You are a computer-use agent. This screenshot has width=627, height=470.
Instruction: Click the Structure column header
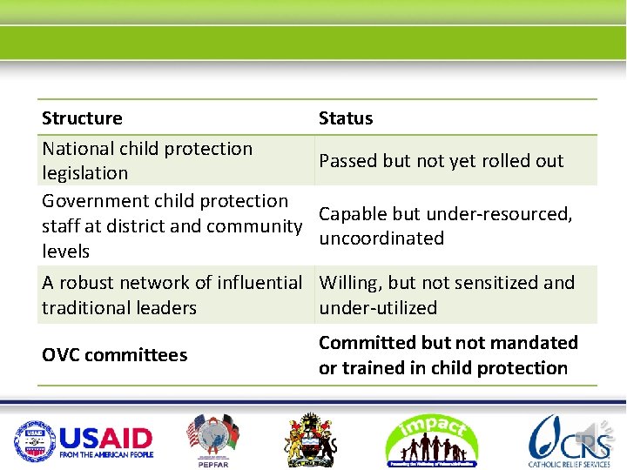pyautogui.click(x=82, y=118)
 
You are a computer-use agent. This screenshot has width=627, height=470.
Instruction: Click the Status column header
pyautogui.click(x=346, y=118)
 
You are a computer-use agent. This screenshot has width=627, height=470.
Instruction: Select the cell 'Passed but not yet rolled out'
pyautogui.click(x=441, y=161)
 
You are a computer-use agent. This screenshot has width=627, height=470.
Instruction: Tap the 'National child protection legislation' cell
pyautogui.click(x=146, y=161)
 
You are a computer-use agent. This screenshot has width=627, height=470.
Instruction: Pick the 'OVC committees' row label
pyautogui.click(x=114, y=355)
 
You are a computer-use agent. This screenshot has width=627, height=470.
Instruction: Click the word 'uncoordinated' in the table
pyautogui.click(x=381, y=238)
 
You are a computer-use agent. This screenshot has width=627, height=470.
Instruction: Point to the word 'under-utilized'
pyautogui.click(x=378, y=308)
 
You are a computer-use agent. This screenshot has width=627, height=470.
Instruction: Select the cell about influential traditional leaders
pyautogui.click(x=172, y=295)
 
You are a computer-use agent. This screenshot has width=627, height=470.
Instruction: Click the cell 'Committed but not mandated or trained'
pyautogui.click(x=448, y=355)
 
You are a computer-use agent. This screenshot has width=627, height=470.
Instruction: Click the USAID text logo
pyautogui.click(x=106, y=441)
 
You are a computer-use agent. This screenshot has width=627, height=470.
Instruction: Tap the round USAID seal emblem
pyautogui.click(x=34, y=441)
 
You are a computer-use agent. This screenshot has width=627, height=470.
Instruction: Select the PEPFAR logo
pyautogui.click(x=212, y=440)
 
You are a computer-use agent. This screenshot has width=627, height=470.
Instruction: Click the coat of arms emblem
pyautogui.click(x=310, y=440)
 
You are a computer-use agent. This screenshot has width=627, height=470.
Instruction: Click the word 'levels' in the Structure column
pyautogui.click(x=66, y=252)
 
